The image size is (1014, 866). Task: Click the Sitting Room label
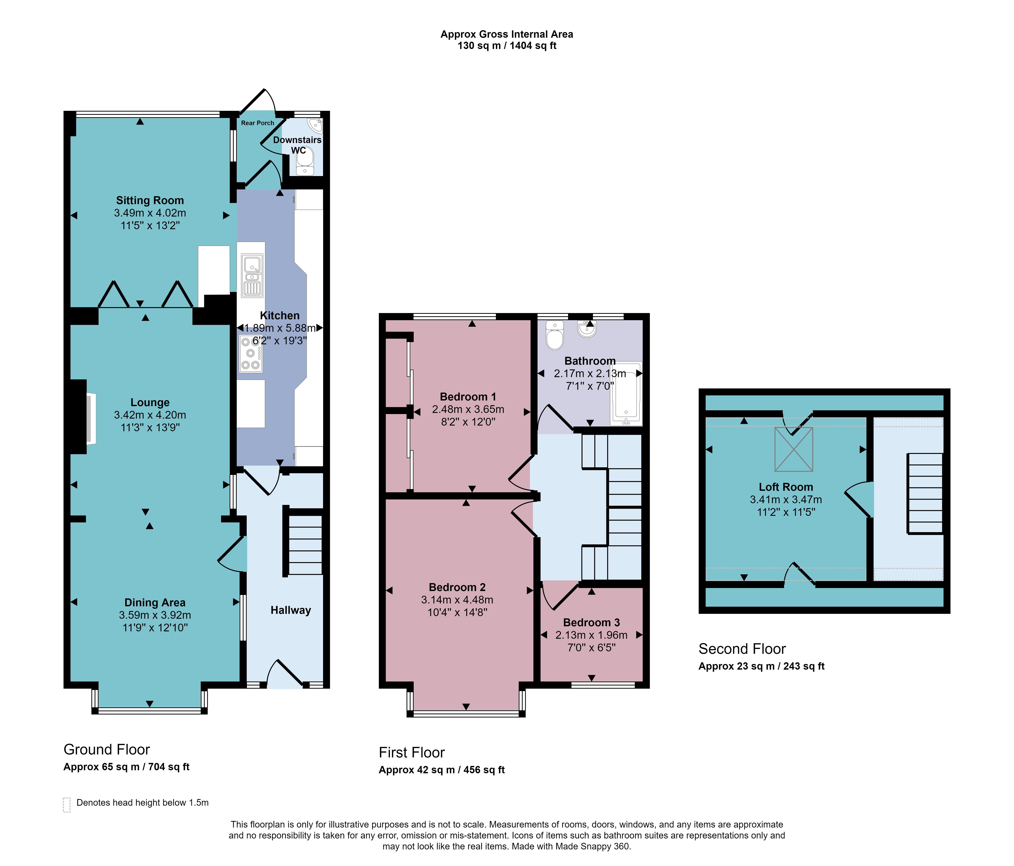(150, 201)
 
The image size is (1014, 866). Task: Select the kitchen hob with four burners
(250, 353)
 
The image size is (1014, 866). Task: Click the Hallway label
(291, 610)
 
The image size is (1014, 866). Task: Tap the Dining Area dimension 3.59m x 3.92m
(155, 615)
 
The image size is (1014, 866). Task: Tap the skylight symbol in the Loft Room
(793, 449)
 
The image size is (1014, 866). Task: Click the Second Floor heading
(742, 649)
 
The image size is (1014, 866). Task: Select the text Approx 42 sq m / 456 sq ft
(441, 770)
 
